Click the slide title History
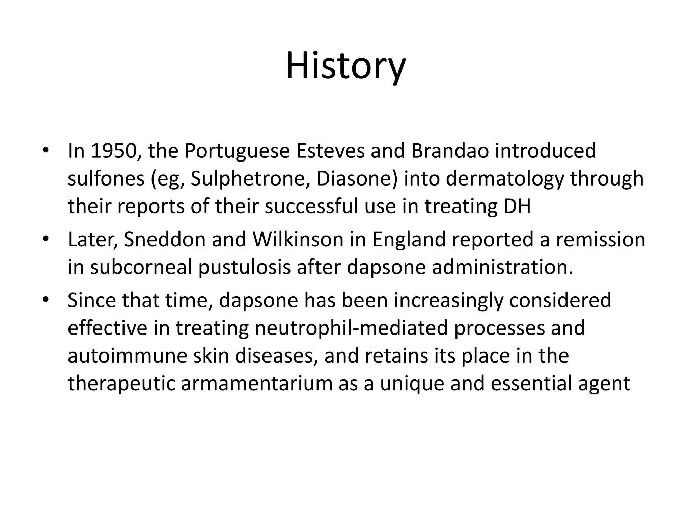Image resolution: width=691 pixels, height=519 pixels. point(345,66)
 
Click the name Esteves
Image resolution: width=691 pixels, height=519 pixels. point(330,151)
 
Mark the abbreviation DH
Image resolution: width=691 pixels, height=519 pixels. point(517,206)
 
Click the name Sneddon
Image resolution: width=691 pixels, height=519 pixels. point(165,240)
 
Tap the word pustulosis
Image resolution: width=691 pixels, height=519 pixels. point(245,267)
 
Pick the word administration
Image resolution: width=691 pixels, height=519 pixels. point(503,267)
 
